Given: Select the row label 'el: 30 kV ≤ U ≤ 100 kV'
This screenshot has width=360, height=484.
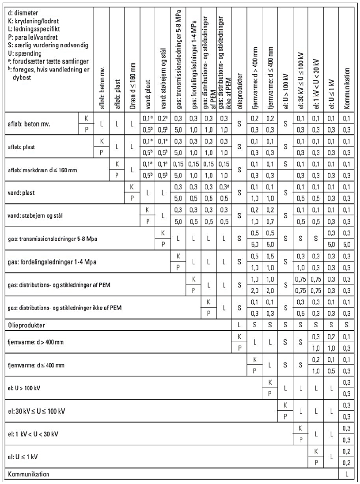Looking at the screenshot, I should point(37,411).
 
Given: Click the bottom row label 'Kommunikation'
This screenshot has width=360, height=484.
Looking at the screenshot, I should point(28,474).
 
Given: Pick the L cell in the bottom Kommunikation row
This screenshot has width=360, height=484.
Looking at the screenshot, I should point(347,474).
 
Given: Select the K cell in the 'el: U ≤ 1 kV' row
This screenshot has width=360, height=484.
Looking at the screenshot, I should point(315,451).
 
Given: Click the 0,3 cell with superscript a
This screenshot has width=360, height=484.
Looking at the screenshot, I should point(225,187).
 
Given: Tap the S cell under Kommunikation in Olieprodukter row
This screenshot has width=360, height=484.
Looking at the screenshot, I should point(347,325).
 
